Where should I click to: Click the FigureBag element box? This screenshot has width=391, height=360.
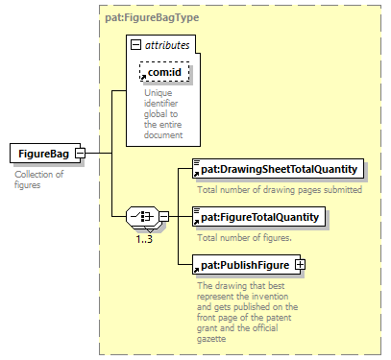(x=45, y=154)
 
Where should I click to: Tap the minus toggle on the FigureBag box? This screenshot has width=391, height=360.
(x=80, y=154)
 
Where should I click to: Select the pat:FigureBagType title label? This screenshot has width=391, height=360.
(x=152, y=17)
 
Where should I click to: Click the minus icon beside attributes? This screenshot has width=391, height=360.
(x=135, y=45)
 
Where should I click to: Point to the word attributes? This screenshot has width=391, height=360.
(x=167, y=45)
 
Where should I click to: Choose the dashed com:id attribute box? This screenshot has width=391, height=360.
(x=164, y=72)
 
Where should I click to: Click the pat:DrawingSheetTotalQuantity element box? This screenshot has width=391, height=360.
(x=278, y=169)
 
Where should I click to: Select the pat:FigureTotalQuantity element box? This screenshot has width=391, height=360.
(x=258, y=217)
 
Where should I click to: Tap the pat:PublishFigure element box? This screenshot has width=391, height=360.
(x=247, y=265)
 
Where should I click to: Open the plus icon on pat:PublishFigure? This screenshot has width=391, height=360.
(x=300, y=265)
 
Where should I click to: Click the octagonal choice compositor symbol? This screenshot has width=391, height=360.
(x=142, y=217)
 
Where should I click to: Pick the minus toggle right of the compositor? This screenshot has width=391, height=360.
(x=163, y=217)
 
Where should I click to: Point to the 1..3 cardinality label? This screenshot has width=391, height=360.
(x=144, y=239)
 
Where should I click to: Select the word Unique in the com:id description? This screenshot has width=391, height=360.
(x=159, y=93)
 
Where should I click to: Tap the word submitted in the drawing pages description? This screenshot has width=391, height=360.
(x=343, y=190)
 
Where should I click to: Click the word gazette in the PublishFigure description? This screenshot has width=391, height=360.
(x=211, y=339)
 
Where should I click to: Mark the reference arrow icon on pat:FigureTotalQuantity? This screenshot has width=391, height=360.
(x=196, y=222)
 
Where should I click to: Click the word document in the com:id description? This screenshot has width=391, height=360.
(x=163, y=135)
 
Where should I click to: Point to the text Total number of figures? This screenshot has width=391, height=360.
(x=245, y=238)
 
